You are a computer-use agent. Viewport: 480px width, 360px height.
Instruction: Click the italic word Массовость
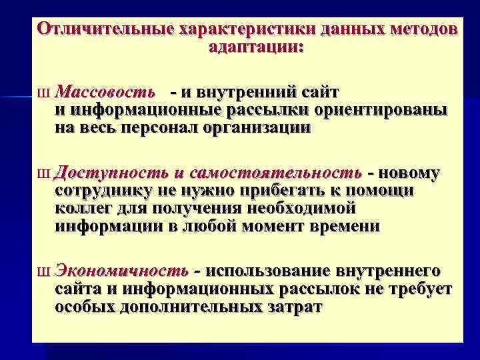click(x=107, y=91)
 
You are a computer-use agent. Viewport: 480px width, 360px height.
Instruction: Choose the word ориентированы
click(x=383, y=109)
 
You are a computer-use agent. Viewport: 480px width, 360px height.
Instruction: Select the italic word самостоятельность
click(x=275, y=173)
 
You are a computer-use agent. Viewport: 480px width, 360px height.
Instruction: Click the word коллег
click(x=81, y=208)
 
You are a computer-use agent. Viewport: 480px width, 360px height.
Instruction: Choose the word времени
click(x=345, y=225)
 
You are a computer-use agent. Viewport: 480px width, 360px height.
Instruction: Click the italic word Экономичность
click(x=121, y=271)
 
